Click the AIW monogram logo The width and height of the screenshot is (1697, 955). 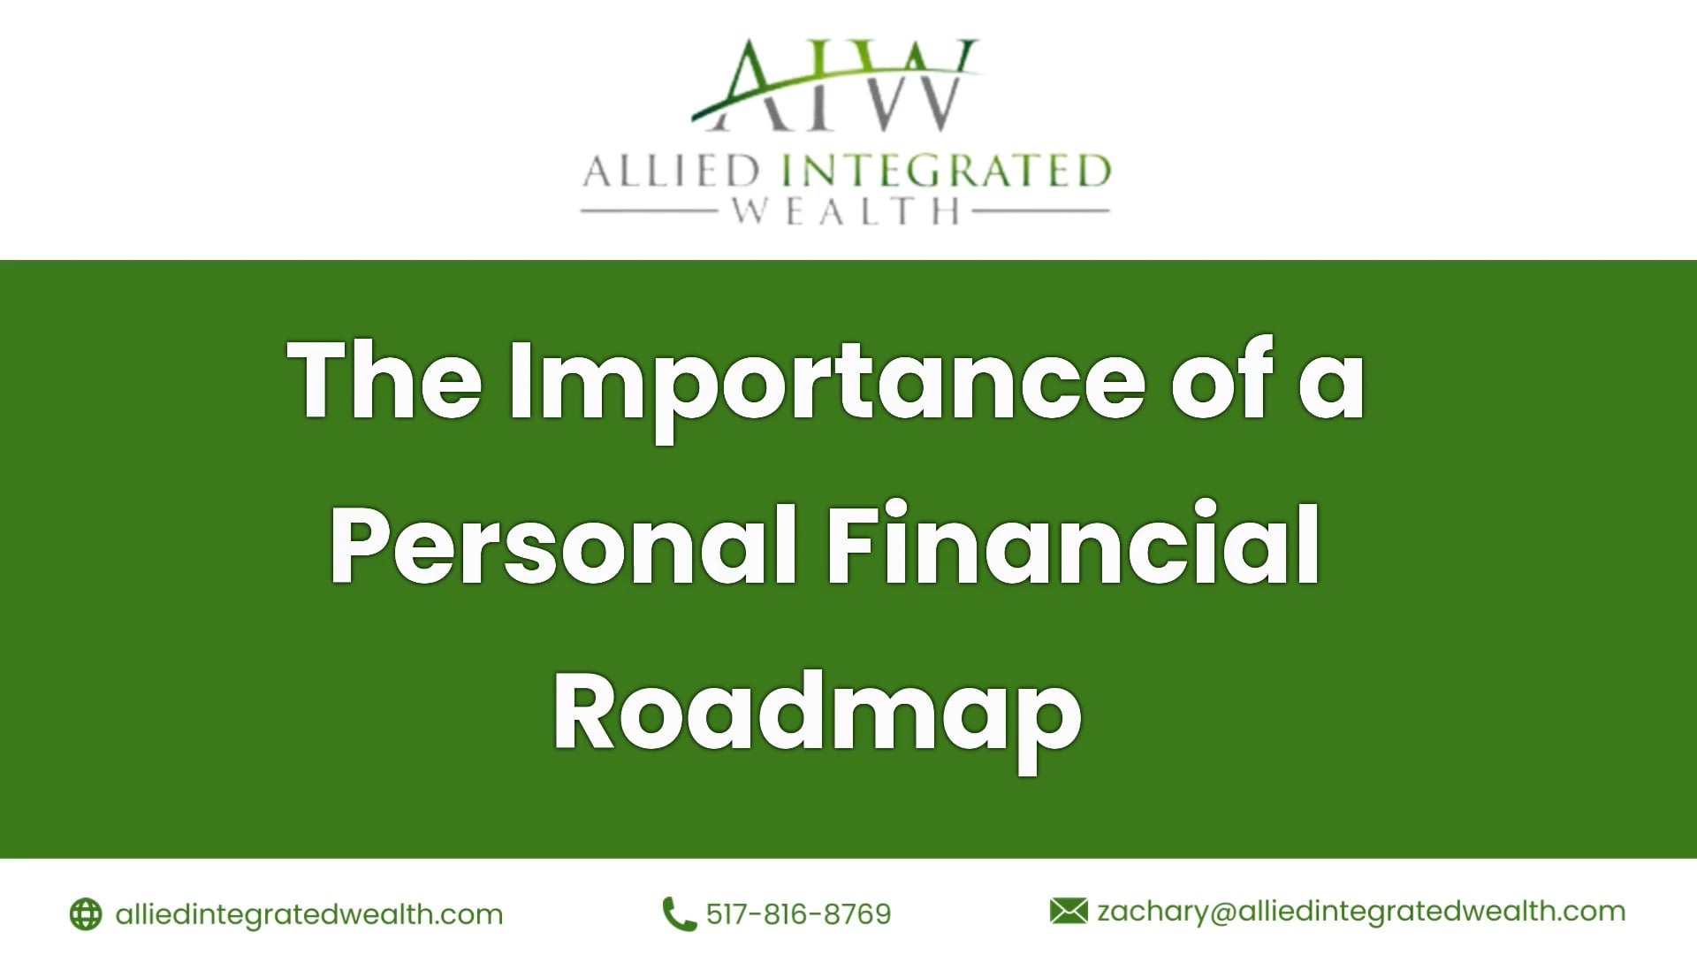(835, 86)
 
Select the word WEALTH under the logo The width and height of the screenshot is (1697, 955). (847, 211)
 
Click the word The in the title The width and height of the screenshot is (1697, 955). (385, 380)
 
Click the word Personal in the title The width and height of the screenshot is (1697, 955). (564, 545)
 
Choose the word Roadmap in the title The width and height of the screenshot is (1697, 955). (818, 713)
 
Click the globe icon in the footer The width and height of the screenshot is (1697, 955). (86, 913)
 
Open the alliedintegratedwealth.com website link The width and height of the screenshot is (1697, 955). (308, 913)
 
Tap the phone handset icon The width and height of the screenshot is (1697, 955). (679, 913)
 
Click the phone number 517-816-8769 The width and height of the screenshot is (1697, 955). (798, 913)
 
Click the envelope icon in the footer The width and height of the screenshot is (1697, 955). (1069, 911)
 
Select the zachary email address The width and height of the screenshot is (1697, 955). (1361, 912)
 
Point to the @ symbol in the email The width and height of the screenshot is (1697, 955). (1222, 912)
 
